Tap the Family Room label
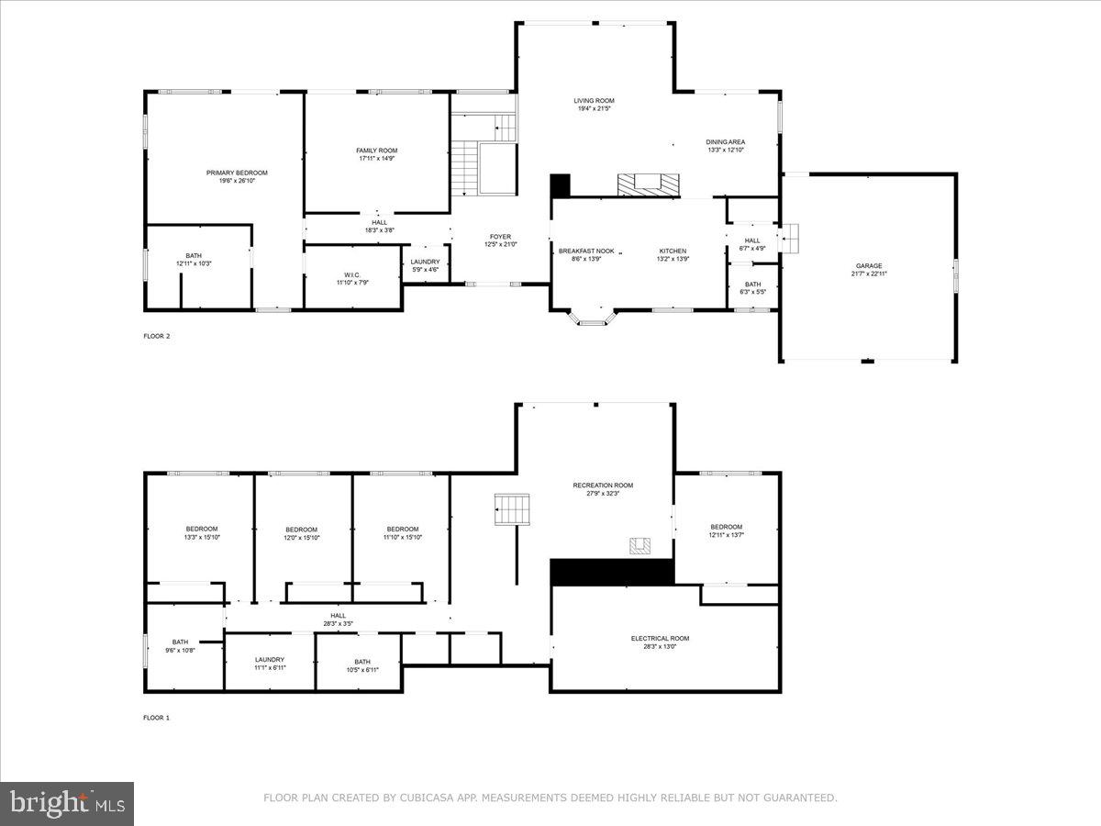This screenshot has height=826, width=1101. (377, 151)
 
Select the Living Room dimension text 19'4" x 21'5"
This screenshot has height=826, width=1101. (594, 109)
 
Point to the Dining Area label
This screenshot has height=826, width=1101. (725, 142)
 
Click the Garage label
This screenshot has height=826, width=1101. (869, 266)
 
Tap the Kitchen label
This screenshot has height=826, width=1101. (673, 251)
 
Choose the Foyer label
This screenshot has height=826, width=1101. (500, 237)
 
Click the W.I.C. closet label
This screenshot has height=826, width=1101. (352, 275)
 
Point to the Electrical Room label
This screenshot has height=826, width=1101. (660, 639)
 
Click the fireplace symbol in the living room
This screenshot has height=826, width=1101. (649, 184)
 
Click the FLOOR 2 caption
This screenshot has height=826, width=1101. (157, 336)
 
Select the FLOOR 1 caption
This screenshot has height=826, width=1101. (157, 718)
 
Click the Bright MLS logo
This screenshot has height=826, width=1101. (67, 803)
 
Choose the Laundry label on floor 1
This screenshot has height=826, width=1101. (270, 660)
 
